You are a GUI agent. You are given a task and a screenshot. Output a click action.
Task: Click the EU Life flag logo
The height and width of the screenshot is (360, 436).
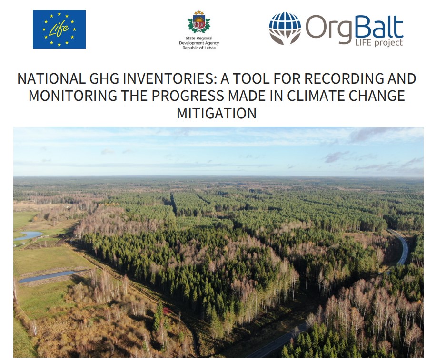pos(59,29)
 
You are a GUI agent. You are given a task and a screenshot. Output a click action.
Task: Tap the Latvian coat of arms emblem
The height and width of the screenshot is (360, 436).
pos(199,23)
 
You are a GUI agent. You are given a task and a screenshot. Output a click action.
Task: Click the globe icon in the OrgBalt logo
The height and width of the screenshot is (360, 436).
pos(285,28)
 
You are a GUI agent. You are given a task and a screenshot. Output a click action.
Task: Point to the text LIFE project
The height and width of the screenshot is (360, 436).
pos(379,42)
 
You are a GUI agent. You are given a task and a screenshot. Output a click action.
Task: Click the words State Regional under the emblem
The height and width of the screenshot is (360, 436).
pos(199,38)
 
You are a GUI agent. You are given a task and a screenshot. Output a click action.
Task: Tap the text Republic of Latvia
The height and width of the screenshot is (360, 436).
pos(199,48)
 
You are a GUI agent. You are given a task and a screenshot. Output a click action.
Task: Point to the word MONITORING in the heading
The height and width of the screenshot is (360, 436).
pos(73,96)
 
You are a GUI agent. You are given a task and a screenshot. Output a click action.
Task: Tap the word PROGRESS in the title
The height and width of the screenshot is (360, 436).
pos(188,96)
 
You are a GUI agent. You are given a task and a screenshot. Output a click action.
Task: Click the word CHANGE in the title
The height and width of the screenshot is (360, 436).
pos(377,96)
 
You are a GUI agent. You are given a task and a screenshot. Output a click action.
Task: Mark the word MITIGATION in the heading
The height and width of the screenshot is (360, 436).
pos(217,113)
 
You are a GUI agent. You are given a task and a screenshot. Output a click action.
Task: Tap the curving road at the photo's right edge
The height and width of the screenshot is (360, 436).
pos(400,246)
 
